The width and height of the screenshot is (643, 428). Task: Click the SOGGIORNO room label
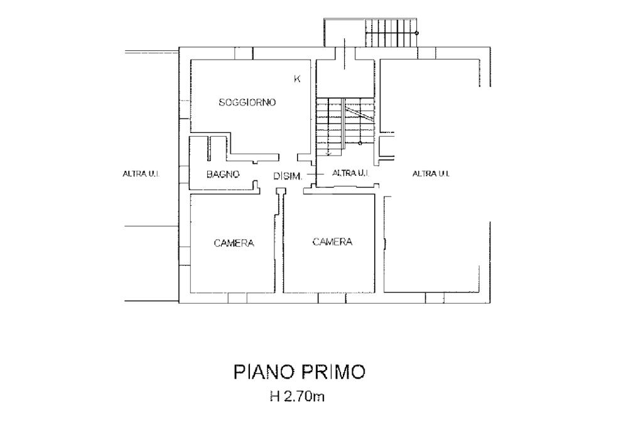(247, 102)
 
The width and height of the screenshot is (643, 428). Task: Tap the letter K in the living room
(297, 78)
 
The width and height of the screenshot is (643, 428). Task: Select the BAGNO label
(223, 174)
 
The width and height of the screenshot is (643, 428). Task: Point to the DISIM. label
(288, 176)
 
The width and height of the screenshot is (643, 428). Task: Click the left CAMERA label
(234, 243)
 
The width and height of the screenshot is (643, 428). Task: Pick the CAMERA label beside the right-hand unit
(332, 242)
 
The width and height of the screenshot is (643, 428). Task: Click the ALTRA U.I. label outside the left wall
(141, 174)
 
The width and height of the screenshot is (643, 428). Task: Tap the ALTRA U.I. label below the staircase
(350, 173)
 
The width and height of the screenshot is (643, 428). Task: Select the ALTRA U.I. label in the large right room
(431, 174)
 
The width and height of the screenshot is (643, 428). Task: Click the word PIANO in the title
(264, 372)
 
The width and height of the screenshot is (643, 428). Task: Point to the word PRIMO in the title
(333, 372)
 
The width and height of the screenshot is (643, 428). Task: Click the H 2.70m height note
(297, 397)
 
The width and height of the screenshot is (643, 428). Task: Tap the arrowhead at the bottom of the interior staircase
(328, 154)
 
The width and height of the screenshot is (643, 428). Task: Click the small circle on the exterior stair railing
(417, 33)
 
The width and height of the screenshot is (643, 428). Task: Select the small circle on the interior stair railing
(360, 143)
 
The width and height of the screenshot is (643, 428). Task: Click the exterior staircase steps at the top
(391, 33)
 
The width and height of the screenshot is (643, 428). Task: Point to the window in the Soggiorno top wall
(244, 53)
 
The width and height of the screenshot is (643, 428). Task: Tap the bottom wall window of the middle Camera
(332, 298)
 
